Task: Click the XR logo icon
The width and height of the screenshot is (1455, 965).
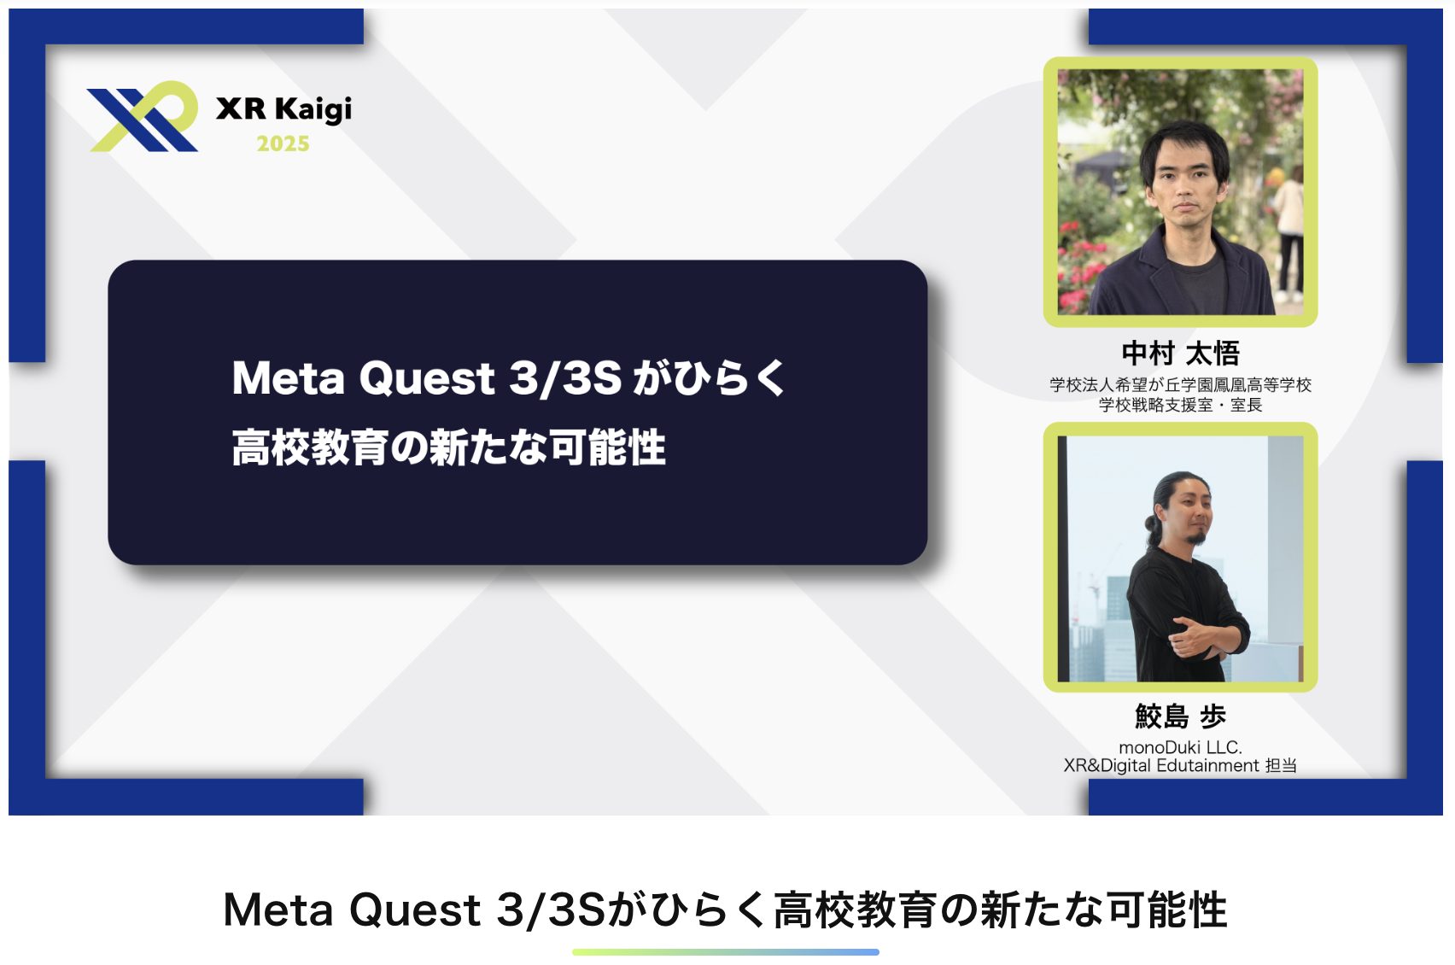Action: [x=143, y=117]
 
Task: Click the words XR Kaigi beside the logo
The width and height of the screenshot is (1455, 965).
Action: [x=283, y=109]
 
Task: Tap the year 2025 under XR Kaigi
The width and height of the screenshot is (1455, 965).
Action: [x=283, y=143]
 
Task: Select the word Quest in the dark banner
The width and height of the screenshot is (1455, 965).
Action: [x=427, y=378]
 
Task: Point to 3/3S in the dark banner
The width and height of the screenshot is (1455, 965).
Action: [x=565, y=378]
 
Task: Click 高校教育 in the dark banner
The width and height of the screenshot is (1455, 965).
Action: [x=311, y=447]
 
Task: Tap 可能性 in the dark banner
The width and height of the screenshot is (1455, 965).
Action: [x=608, y=447]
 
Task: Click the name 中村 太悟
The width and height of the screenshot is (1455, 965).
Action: [x=1180, y=354]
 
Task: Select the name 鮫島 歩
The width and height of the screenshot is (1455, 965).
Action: [x=1180, y=716]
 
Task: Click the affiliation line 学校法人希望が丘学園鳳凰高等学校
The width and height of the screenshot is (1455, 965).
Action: [x=1180, y=385]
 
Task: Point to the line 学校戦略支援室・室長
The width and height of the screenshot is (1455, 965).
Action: [x=1180, y=405]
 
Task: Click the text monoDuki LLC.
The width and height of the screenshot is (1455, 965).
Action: [x=1180, y=747]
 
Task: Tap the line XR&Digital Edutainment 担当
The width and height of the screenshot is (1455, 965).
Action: [x=1180, y=765]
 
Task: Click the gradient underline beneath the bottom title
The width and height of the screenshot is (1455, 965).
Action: [x=726, y=952]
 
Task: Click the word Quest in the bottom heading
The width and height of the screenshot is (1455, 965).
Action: [x=415, y=909]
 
